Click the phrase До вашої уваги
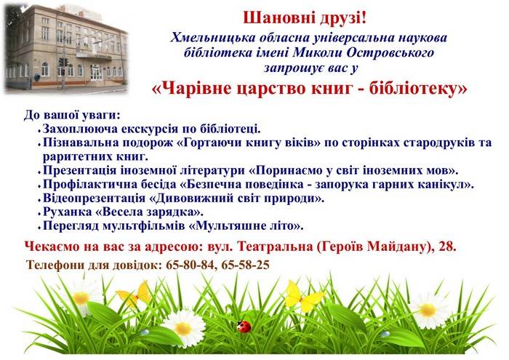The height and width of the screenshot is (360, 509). click(x=72, y=115)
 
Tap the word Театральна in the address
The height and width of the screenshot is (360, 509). click(x=276, y=247)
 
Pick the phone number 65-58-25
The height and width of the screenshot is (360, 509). click(x=246, y=265)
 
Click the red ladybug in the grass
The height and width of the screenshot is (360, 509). click(x=244, y=326)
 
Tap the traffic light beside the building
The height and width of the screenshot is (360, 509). click(x=63, y=62)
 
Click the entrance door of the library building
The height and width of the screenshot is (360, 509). click(x=96, y=73)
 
